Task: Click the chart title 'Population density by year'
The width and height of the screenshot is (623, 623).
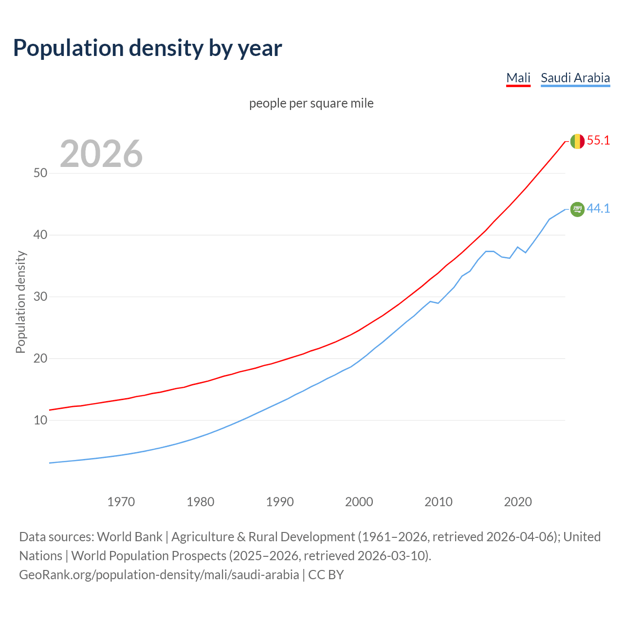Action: coord(147,48)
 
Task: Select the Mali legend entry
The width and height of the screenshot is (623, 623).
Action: coord(518,78)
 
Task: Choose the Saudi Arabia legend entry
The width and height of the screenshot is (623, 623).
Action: coord(575,78)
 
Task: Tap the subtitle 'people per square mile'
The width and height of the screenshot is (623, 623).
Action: coord(311,103)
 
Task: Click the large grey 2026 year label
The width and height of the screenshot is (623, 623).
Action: coord(101,154)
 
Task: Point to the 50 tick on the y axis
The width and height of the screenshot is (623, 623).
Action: coord(40,173)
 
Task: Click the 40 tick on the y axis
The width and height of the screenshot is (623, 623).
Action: coord(40,235)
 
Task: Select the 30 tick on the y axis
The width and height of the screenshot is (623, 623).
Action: coord(40,297)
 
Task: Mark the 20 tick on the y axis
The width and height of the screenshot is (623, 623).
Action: coord(40,359)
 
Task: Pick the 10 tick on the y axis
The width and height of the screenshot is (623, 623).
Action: coord(40,420)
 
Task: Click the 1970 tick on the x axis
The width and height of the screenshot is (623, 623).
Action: coord(121,502)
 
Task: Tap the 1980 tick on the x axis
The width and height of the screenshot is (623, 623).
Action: coord(201,502)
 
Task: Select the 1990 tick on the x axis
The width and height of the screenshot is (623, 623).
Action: coord(280,502)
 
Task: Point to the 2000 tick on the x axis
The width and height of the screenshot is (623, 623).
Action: coord(359,502)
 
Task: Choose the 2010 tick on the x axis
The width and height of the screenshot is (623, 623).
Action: coord(439,502)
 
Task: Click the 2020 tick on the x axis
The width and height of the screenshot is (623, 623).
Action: coord(518,502)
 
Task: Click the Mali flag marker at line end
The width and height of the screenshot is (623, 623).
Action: coord(577,141)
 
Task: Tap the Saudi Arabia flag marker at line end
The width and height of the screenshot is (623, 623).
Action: coord(577,209)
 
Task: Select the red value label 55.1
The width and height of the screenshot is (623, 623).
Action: coord(598,141)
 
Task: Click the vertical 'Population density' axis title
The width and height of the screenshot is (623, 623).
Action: coord(20,302)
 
